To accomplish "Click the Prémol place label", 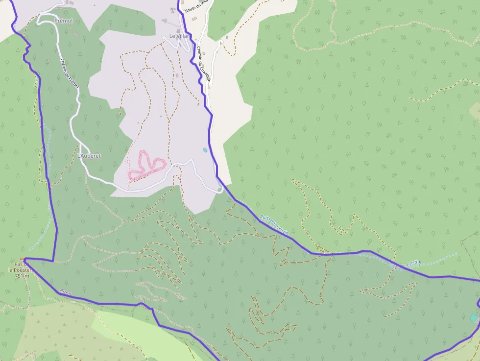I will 64,21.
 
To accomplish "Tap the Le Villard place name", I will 179,36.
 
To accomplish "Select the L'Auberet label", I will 89,156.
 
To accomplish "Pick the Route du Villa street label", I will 196,7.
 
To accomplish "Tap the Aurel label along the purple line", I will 66,292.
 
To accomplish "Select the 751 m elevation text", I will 22,276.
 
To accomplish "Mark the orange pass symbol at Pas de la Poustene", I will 22,259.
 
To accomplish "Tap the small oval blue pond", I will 204,150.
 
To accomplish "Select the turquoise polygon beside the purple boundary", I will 473,318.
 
